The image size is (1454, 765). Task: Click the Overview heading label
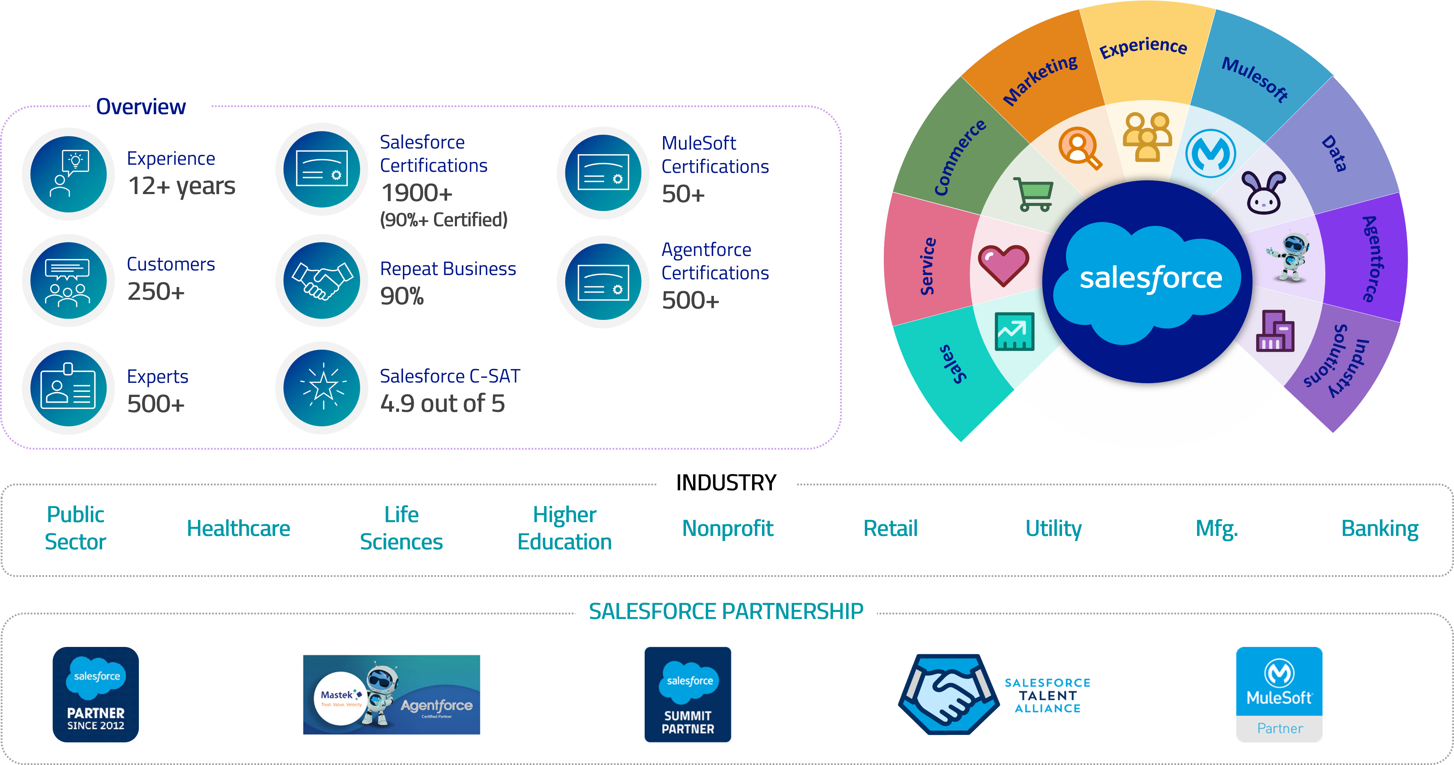tap(141, 107)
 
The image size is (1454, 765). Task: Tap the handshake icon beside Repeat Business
tap(322, 281)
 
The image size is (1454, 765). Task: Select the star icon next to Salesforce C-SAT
tap(322, 388)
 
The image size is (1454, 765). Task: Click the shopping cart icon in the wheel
tap(1033, 194)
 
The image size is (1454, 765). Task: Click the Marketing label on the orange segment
tap(1040, 80)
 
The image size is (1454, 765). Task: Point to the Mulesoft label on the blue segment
tap(1254, 79)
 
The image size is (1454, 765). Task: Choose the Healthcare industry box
tap(238, 529)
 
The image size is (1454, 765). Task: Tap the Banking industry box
tap(1379, 529)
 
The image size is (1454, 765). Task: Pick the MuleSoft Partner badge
tap(1279, 694)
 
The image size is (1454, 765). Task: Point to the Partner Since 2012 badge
tap(95, 694)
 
